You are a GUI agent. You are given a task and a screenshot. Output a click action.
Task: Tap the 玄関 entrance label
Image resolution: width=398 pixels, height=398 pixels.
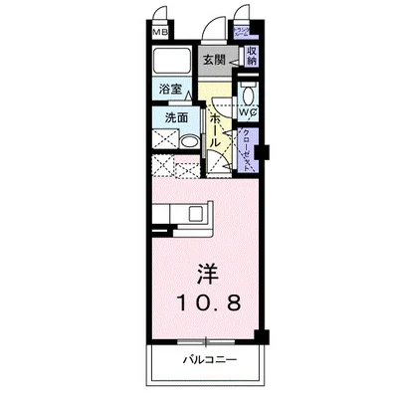214,59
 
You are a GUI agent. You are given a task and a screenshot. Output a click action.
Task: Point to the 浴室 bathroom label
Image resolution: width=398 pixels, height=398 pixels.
170,90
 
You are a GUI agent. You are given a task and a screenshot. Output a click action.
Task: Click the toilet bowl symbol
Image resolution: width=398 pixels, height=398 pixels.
249,97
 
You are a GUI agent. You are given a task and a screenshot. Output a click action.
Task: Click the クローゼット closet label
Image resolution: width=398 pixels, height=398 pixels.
247,149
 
